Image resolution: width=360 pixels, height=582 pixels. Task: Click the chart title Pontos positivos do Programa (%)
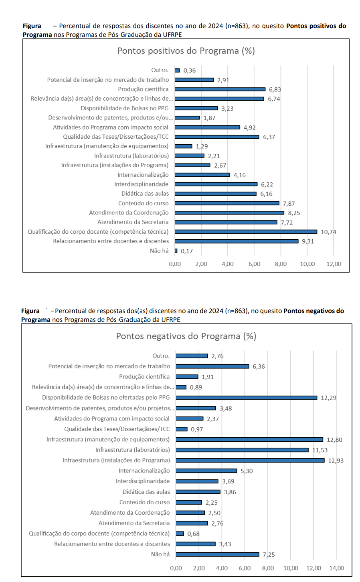pyautogui.click(x=186, y=51)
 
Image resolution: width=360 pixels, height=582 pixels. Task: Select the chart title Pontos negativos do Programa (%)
pyautogui.click(x=186, y=336)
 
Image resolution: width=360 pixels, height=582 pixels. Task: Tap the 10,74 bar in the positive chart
pyautogui.click(x=246, y=232)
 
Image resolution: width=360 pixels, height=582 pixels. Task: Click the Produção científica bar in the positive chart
pyautogui.click(x=220, y=89)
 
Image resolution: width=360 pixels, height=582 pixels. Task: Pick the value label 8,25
pyautogui.click(x=294, y=213)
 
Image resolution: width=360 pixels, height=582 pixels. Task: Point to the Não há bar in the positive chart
pyautogui.click(x=176, y=251)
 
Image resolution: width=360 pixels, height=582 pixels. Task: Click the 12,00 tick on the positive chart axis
pyautogui.click(x=334, y=264)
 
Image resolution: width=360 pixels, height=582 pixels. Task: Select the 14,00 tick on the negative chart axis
pyautogui.click(x=337, y=568)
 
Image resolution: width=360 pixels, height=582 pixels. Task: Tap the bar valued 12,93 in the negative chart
pyautogui.click(x=250, y=461)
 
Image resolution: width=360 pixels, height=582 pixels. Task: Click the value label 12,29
pyautogui.click(x=329, y=398)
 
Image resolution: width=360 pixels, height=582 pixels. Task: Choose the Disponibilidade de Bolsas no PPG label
pyautogui.click(x=125, y=108)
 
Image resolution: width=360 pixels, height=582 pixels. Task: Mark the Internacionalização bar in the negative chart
pyautogui.click(x=206, y=471)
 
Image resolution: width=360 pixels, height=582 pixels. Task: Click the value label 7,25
pyautogui.click(x=269, y=555)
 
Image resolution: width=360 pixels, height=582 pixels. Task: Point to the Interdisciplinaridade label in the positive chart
pyautogui.click(x=142, y=184)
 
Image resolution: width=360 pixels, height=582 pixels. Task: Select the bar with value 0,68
pyautogui.click(x=180, y=533)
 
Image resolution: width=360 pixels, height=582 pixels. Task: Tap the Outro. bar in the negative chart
pyautogui.click(x=192, y=356)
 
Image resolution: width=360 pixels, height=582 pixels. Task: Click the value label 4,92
pyautogui.click(x=249, y=127)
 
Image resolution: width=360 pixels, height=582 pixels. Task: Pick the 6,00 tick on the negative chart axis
pyautogui.click(x=245, y=568)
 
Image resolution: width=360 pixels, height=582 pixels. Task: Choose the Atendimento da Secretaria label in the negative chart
pyautogui.click(x=134, y=523)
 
